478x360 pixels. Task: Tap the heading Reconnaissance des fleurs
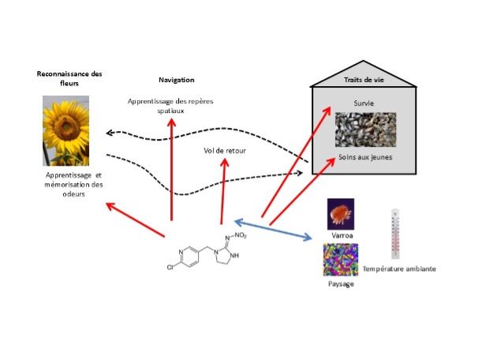(x=71, y=78)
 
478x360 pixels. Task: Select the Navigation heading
(x=176, y=80)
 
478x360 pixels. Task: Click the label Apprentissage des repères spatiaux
(x=171, y=106)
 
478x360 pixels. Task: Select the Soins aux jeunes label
(x=365, y=156)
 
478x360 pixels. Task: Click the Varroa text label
(x=342, y=234)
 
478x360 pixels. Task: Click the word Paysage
(x=340, y=283)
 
